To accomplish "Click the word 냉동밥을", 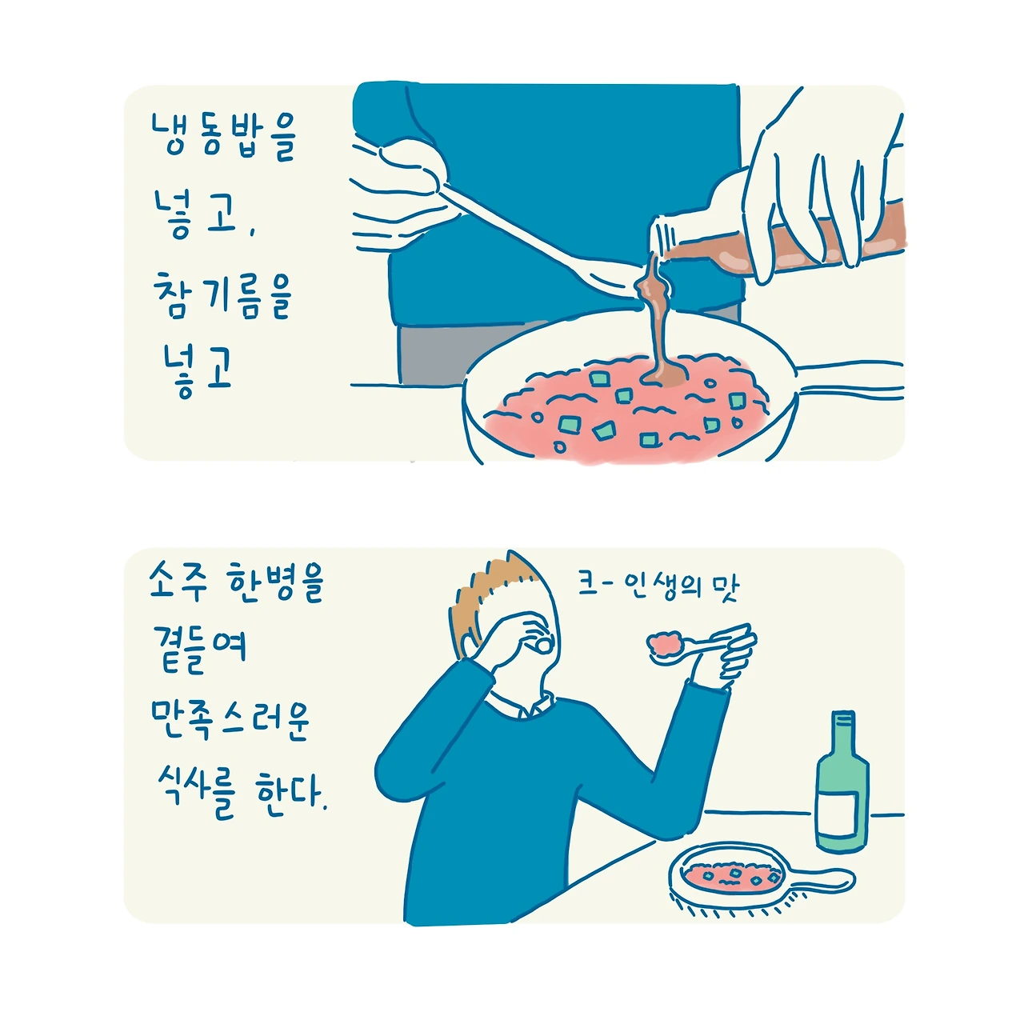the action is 222,136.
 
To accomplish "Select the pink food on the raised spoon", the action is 665,642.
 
